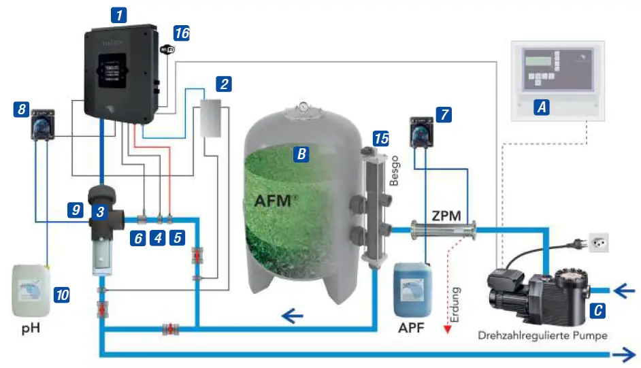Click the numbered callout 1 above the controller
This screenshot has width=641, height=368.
coord(120,14)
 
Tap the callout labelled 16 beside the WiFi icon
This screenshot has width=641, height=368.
coord(182,33)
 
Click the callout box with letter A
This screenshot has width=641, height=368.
coord(542,107)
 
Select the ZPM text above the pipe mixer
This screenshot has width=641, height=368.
coord(446,216)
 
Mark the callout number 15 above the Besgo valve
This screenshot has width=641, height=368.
coord(382,138)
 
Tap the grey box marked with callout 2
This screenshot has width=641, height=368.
coord(212,120)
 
